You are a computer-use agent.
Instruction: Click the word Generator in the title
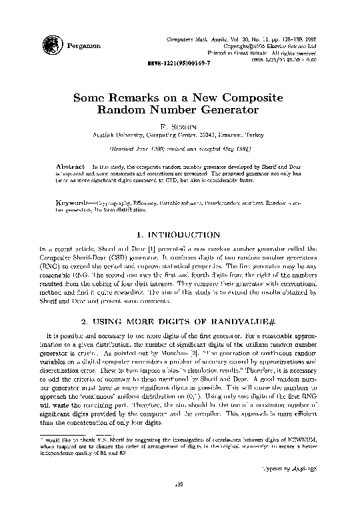pyautogui.click(x=229, y=109)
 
